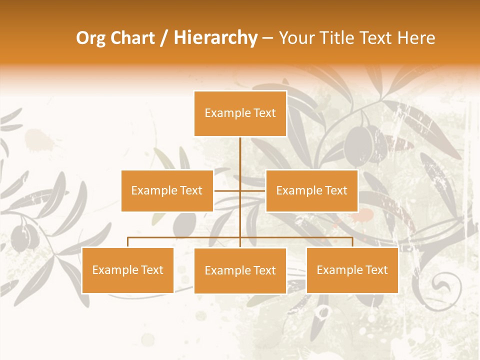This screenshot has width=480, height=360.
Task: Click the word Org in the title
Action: tap(91, 38)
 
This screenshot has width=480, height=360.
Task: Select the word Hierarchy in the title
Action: tap(215, 38)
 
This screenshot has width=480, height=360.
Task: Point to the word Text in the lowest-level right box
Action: tap(376, 270)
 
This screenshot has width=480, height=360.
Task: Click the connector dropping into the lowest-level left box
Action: tap(128, 242)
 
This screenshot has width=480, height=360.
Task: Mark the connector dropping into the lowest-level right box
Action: tap(352, 242)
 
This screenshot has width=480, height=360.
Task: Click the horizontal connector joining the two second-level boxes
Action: tap(227, 190)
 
